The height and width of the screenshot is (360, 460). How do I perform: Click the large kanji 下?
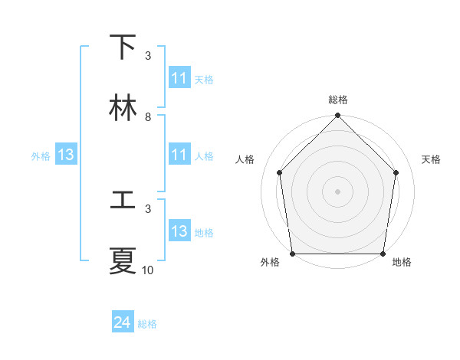(x=123, y=47)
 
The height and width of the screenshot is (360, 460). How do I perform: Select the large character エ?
(x=123, y=201)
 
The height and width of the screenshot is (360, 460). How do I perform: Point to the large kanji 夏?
(x=123, y=261)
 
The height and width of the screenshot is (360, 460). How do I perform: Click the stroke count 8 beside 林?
(x=147, y=117)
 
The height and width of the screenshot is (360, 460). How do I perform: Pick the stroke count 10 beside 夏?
(x=147, y=270)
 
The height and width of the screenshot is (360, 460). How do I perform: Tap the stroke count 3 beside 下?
(x=147, y=56)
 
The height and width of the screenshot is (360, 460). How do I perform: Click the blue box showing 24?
(x=123, y=323)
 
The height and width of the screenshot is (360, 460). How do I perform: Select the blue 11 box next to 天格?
(x=179, y=78)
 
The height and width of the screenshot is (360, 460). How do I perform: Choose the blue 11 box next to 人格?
(x=179, y=155)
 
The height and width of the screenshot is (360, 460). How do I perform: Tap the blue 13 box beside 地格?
(x=179, y=231)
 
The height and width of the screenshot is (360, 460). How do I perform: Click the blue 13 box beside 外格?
(x=66, y=155)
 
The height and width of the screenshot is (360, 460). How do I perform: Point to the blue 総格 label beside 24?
(x=147, y=324)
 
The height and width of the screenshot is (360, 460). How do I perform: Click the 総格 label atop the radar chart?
(x=337, y=100)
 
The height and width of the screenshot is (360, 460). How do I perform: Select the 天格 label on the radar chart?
(x=431, y=159)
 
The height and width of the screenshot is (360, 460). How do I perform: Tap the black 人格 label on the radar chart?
(x=245, y=159)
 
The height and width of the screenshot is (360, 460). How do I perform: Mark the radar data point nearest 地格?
(x=383, y=254)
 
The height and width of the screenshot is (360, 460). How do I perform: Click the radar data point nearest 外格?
(x=292, y=254)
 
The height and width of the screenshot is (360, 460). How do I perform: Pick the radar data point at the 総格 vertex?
(x=337, y=116)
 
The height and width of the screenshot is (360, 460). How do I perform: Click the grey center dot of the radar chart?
(x=337, y=191)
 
